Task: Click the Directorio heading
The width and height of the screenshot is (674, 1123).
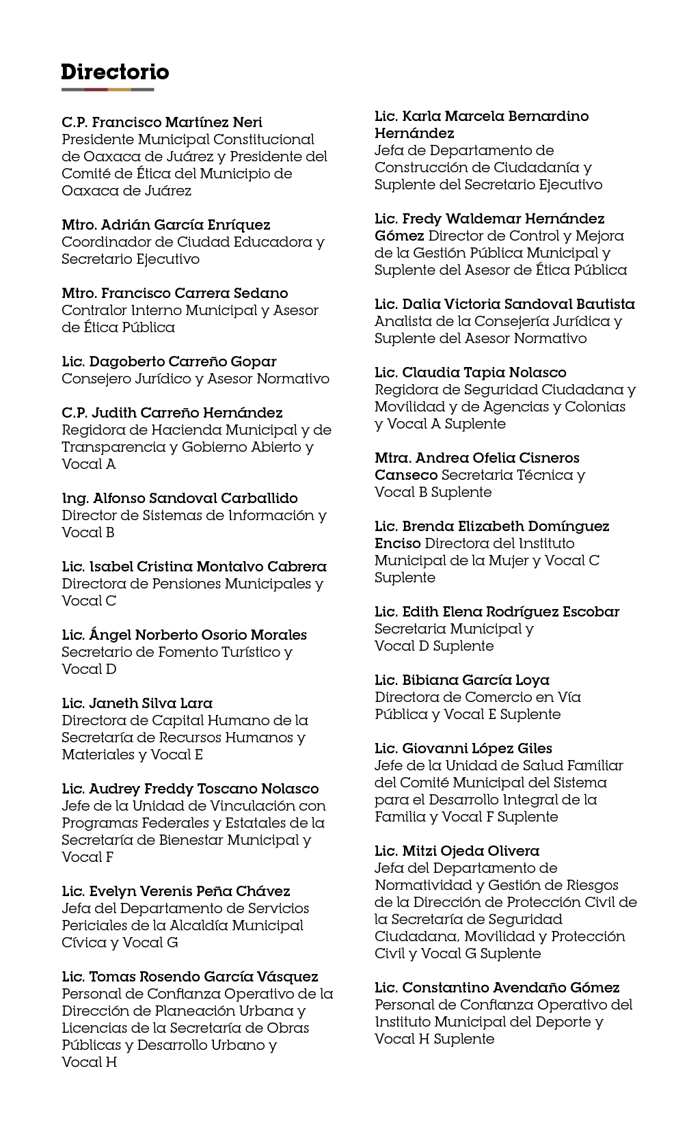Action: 115,72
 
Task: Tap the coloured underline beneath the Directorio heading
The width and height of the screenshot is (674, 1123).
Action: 107,90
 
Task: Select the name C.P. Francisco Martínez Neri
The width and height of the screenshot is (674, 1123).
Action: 162,122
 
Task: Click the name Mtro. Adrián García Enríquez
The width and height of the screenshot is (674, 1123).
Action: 166,225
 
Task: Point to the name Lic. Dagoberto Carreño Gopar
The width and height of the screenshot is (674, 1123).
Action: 169,362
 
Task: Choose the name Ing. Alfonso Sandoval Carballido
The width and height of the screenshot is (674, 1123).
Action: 180,498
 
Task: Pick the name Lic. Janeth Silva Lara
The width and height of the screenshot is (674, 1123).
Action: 137,703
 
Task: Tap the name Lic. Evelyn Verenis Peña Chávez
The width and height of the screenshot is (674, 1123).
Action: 176,891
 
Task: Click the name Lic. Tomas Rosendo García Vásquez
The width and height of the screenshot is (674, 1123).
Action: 190,977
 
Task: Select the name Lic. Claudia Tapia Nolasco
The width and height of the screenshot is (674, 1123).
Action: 470,373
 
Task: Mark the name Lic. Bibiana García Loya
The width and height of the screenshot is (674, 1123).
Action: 462,680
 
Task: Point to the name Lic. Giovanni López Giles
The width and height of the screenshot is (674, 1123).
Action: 463,748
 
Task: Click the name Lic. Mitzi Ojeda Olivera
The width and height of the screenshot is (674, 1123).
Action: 457,851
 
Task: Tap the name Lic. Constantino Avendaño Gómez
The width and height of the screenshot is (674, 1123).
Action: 497,988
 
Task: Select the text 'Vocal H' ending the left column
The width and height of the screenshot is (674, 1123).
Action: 89,1062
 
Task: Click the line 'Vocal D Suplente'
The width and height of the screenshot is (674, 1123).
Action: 434,646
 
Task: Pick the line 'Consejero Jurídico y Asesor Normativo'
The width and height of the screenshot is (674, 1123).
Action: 196,379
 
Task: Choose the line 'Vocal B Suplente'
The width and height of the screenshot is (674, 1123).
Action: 433,492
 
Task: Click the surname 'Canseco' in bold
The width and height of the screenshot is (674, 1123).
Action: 406,475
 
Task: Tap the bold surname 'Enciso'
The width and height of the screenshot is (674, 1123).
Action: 398,543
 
